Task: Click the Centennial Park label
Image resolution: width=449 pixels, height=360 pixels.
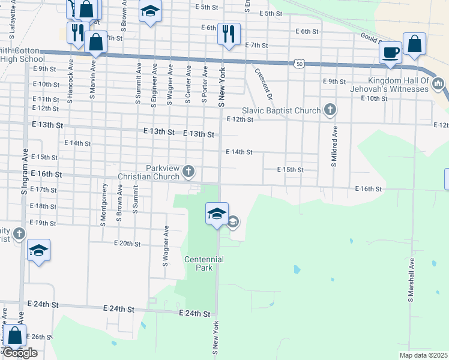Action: tap(203, 263)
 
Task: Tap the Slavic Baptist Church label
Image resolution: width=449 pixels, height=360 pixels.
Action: tap(282, 110)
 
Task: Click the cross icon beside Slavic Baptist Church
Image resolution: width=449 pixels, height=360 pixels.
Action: tap(330, 110)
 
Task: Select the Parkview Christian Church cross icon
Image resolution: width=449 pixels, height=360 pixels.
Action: tap(188, 172)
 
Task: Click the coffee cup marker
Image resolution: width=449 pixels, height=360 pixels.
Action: tap(390, 53)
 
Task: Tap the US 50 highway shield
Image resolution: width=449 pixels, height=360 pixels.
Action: tap(300, 63)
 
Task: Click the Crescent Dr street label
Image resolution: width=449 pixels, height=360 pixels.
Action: tap(264, 85)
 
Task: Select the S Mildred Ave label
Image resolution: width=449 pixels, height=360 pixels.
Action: tap(334, 146)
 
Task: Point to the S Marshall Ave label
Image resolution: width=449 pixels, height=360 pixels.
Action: tap(412, 280)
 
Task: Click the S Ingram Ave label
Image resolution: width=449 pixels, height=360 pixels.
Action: tap(25, 172)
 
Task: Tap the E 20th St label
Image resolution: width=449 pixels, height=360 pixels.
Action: tap(127, 244)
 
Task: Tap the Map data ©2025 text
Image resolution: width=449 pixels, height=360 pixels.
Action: tap(422, 355)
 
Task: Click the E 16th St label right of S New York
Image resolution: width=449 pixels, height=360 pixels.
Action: tap(369, 189)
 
